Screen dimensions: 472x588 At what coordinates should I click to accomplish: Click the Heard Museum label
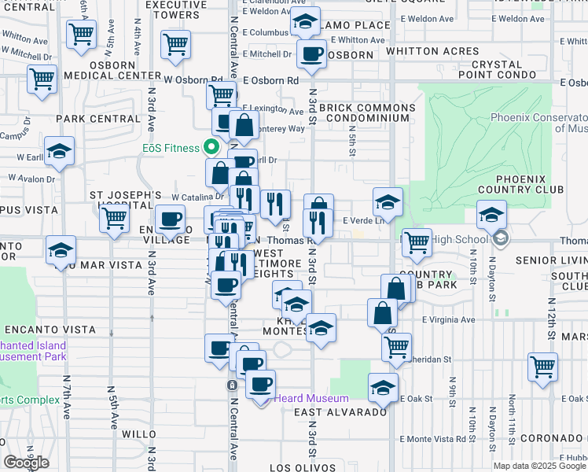tap(305, 398)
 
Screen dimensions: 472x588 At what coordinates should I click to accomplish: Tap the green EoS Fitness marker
tap(210, 146)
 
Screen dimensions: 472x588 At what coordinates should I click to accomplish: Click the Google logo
tap(27, 463)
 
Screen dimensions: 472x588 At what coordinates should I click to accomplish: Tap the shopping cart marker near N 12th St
tap(542, 365)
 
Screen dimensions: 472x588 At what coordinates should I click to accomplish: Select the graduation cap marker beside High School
tap(491, 215)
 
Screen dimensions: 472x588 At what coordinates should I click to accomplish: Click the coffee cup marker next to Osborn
tap(312, 54)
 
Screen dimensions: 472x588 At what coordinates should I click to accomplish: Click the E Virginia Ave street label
tap(448, 320)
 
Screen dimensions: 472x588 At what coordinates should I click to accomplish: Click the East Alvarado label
tap(340, 412)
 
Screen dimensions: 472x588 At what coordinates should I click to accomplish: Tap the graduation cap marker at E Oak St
tap(383, 387)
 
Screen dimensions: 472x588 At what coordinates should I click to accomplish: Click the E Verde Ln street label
tap(361, 221)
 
